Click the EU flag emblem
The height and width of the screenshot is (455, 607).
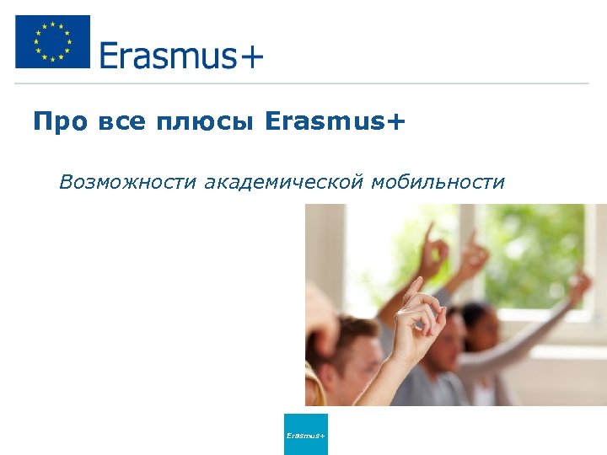52,42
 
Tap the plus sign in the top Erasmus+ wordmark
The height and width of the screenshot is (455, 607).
251,57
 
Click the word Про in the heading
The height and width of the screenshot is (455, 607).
60,123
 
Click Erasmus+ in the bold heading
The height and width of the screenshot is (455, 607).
335,123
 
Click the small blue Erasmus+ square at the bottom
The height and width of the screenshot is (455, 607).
305,434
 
